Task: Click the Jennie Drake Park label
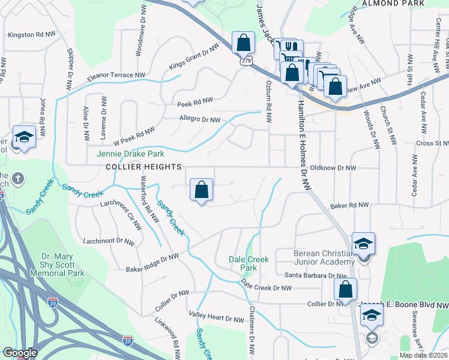130,154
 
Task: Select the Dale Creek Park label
249,263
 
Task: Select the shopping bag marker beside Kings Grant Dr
243,43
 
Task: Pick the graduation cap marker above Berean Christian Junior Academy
363,244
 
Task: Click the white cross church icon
19,178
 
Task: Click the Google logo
20,353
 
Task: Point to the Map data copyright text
423,355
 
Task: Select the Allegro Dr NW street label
200,120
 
